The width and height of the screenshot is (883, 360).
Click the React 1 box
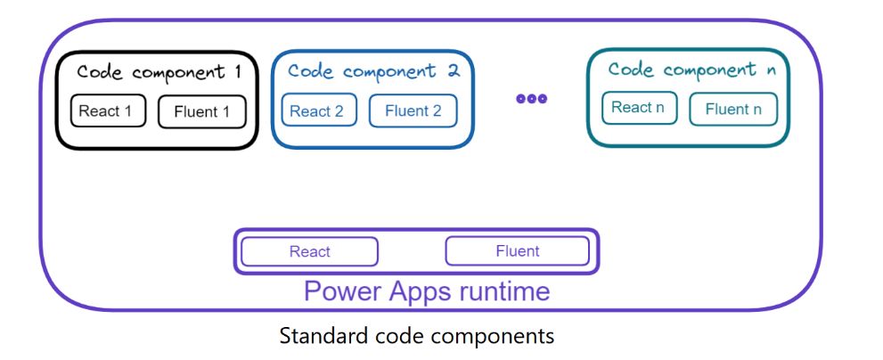tap(108, 111)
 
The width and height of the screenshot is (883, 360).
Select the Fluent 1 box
tap(202, 111)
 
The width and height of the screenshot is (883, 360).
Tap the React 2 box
tap(319, 110)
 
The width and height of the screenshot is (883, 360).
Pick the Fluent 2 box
tap(413, 110)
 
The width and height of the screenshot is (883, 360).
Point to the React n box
tap(639, 108)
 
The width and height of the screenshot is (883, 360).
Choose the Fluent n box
tap(733, 109)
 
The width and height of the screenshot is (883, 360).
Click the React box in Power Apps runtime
tap(310, 251)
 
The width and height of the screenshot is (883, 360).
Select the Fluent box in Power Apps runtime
tap(518, 250)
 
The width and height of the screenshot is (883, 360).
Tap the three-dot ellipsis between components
tap(532, 99)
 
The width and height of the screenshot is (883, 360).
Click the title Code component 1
tap(159, 72)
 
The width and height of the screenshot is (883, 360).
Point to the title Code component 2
tap(374, 71)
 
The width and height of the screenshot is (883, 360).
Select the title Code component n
tap(692, 70)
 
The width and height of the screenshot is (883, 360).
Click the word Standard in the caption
tap(323, 336)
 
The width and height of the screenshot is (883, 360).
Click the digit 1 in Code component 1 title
tap(236, 72)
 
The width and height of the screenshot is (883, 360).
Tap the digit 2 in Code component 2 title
tap(454, 71)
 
